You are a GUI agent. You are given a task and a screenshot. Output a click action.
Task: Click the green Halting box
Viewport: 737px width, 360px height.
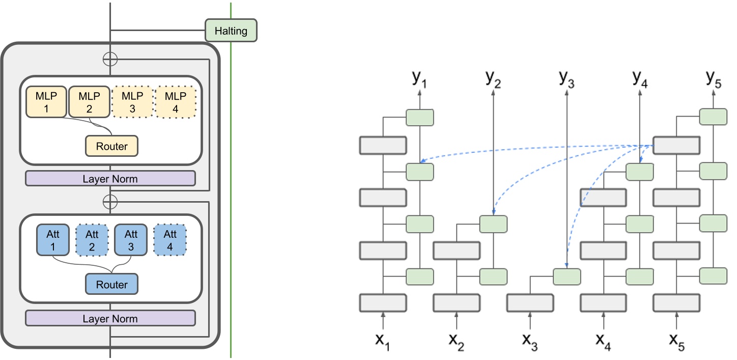(x=231, y=31)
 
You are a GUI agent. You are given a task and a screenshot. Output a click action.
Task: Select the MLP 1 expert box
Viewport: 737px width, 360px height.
(x=47, y=101)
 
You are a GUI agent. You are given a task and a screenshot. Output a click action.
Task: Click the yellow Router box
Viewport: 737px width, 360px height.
(x=111, y=146)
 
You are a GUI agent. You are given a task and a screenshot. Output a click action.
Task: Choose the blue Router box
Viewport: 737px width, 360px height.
(x=111, y=284)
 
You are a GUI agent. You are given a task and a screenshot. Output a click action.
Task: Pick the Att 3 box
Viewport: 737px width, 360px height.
(x=131, y=240)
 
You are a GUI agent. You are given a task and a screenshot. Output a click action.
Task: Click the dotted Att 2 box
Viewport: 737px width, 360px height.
(x=92, y=240)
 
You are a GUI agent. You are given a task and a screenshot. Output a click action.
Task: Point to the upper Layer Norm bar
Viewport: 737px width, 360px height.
(x=110, y=179)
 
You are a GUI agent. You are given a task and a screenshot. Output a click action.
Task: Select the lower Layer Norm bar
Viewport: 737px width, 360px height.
(x=110, y=319)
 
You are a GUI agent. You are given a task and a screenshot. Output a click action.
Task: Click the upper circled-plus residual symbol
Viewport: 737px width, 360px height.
(x=110, y=59)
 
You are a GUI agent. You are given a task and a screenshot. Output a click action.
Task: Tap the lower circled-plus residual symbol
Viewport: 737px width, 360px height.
(x=110, y=202)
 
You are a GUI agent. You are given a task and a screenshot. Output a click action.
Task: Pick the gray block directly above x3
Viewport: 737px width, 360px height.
(x=530, y=302)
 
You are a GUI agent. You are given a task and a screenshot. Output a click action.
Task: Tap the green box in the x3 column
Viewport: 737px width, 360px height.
(x=566, y=276)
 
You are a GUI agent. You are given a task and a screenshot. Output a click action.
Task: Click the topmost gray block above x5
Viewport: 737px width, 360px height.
(x=676, y=146)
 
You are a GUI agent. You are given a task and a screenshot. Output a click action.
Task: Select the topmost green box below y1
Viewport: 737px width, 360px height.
(x=420, y=118)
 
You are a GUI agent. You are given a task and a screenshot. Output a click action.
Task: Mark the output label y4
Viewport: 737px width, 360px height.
(x=639, y=79)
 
